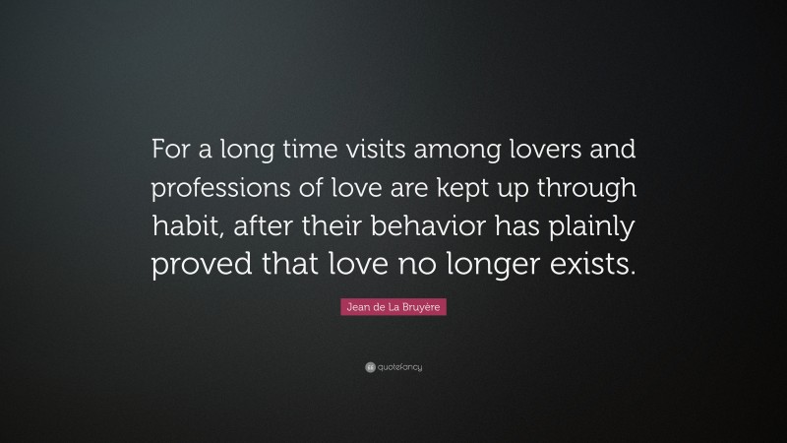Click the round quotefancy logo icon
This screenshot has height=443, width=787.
tap(369, 367)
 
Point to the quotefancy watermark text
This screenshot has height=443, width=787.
tap(399, 367)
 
